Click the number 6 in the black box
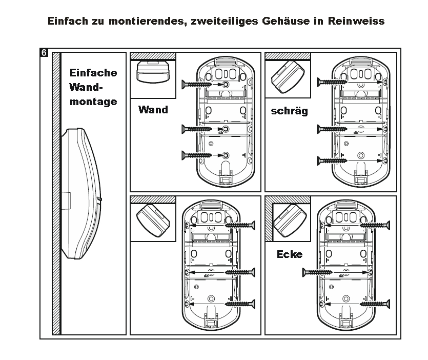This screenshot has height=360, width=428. click(44, 52)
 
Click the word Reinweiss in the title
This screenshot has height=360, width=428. click(356, 21)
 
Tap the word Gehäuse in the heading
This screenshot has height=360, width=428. click(286, 21)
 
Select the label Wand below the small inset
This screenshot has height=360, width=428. click(153, 110)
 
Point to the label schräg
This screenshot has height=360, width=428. click(289, 111)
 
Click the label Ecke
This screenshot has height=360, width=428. click(290, 254)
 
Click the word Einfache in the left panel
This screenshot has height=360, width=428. click(93, 73)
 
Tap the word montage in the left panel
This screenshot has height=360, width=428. click(93, 102)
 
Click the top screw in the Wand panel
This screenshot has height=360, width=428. click(196, 85)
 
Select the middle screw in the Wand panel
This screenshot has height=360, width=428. click(196, 129)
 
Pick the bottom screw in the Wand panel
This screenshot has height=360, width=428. click(196, 155)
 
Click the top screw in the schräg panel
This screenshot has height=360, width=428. click(332, 82)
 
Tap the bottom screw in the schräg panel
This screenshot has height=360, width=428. click(332, 161)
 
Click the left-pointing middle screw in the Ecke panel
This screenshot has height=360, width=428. click(317, 272)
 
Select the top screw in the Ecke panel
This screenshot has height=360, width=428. click(375, 225)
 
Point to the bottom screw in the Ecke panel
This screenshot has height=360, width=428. click(375, 304)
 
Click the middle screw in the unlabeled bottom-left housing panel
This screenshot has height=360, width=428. click(240, 272)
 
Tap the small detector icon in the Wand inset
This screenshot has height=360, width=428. click(153, 72)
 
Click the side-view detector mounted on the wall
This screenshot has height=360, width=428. click(81, 193)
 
